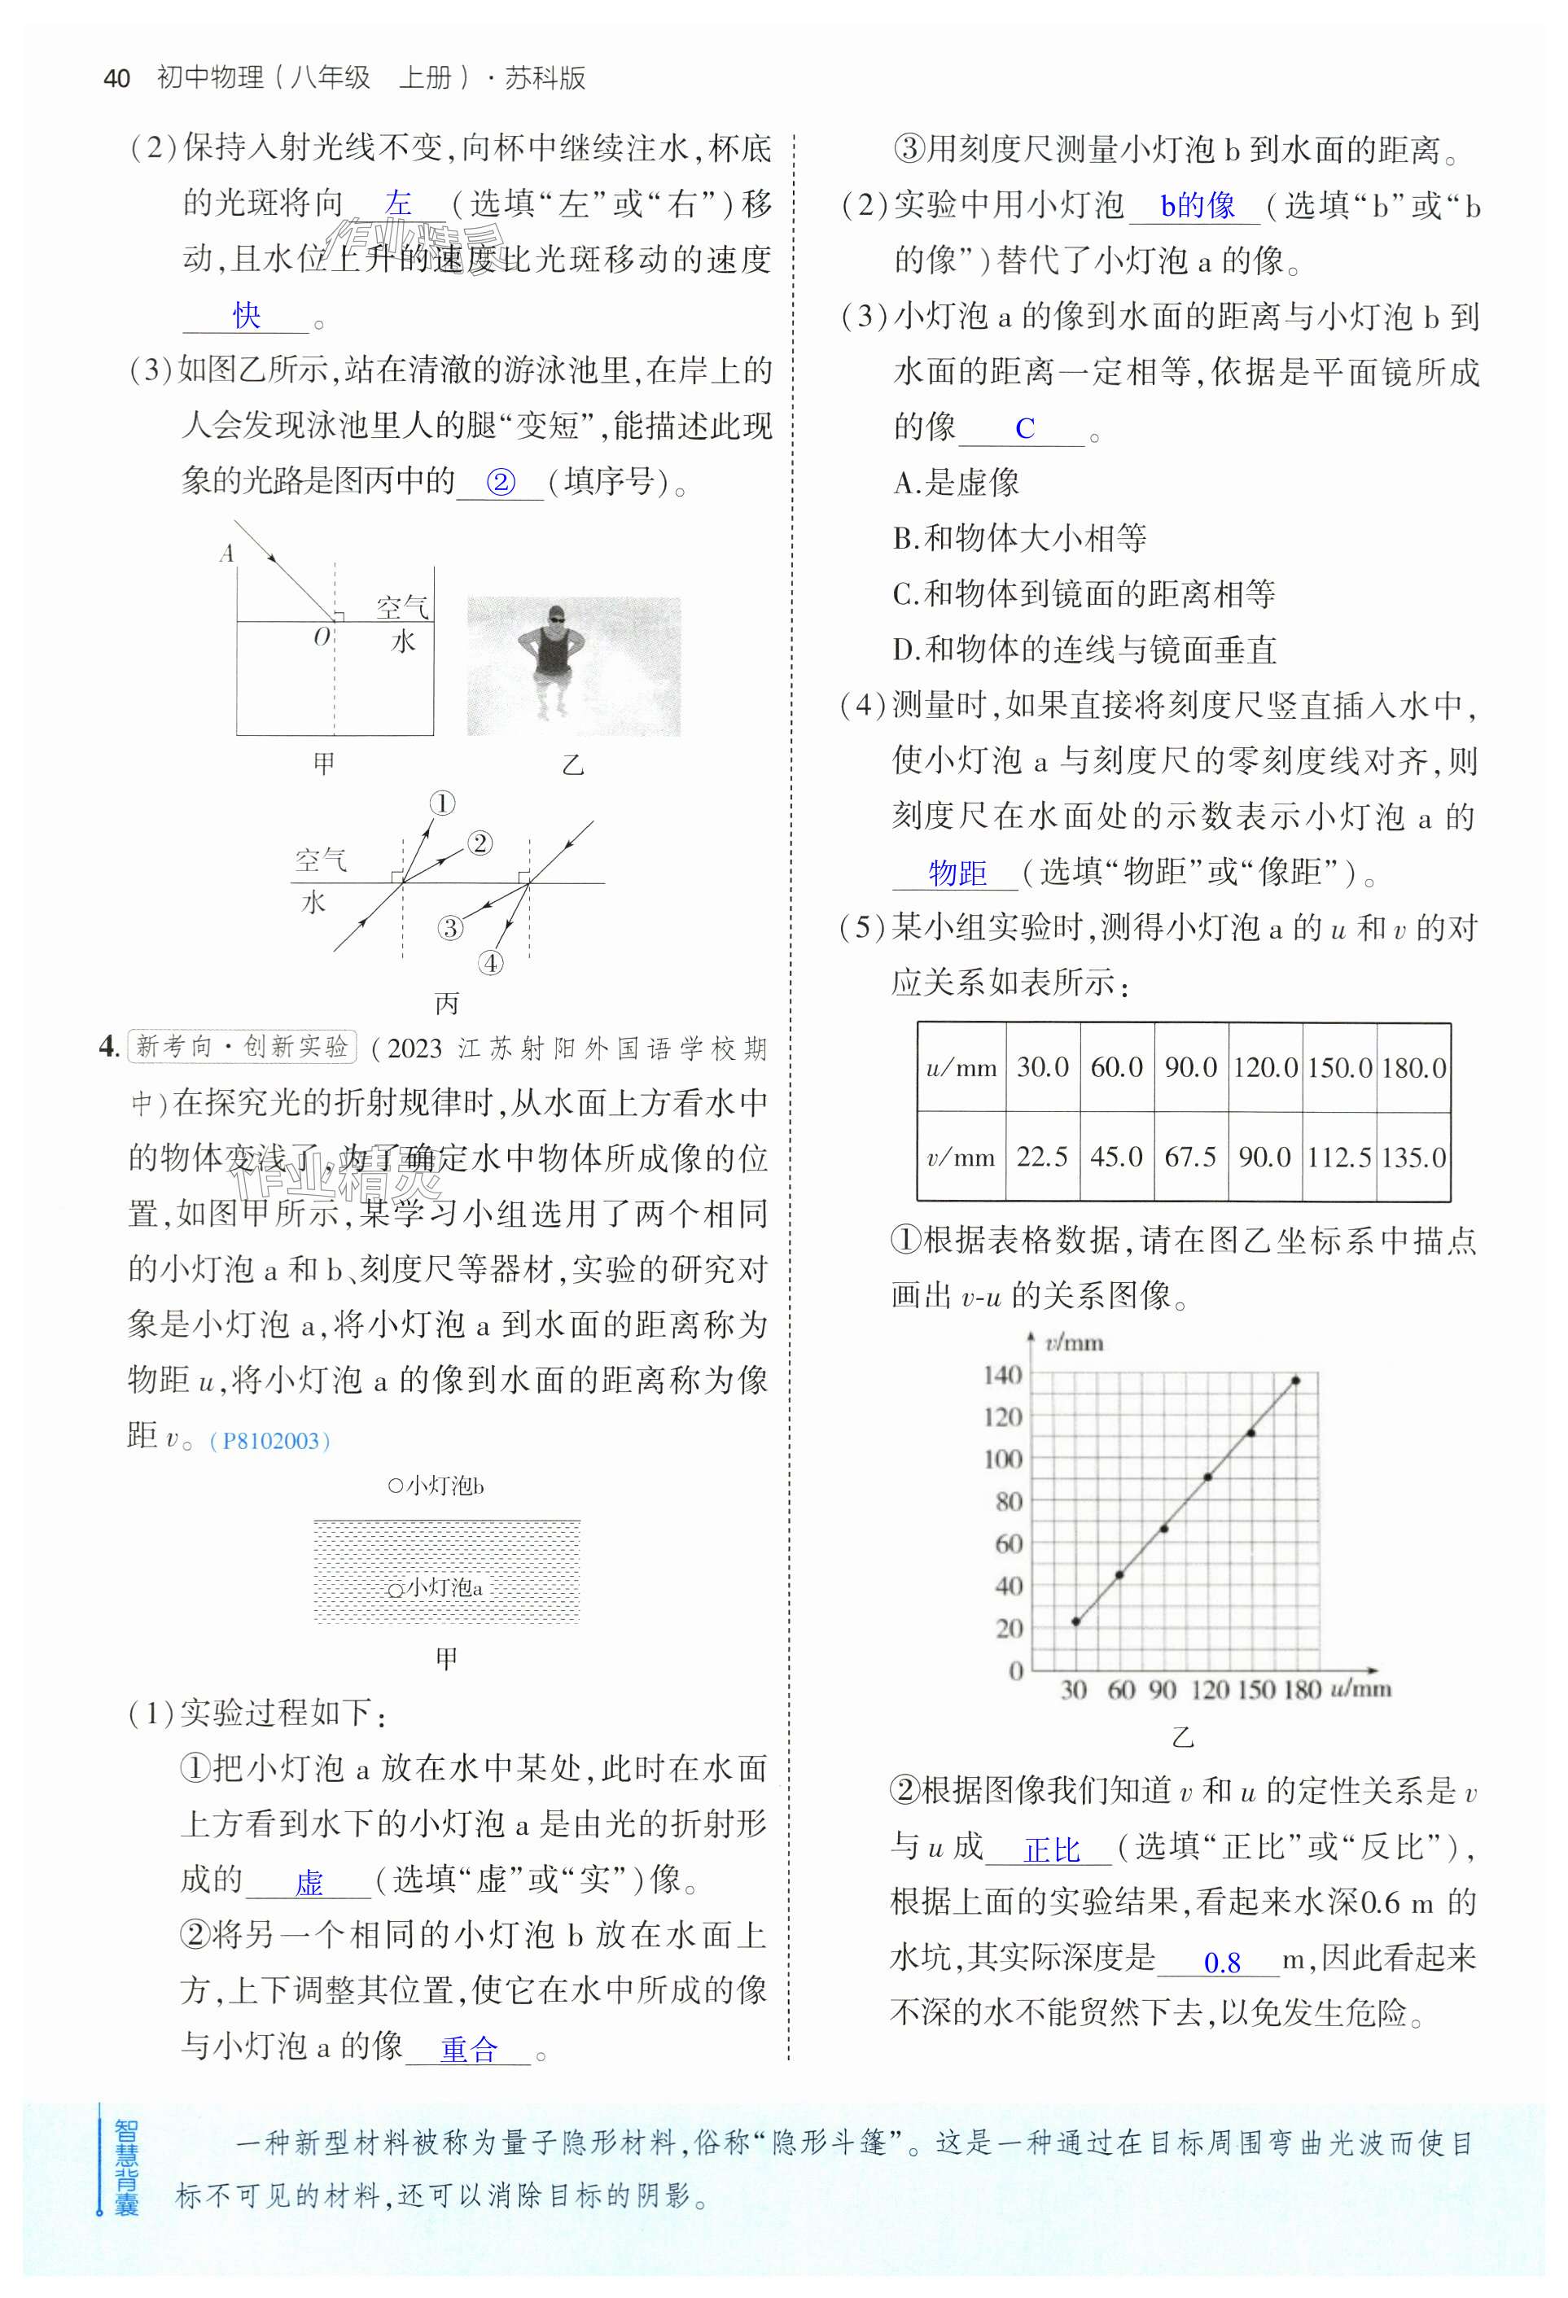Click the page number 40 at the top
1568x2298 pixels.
(x=116, y=79)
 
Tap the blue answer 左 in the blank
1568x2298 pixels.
(x=398, y=204)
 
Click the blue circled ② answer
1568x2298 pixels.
(x=501, y=483)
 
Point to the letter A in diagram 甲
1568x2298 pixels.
(x=226, y=554)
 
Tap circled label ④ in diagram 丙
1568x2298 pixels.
(x=490, y=963)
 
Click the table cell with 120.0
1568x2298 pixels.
(x=1264, y=1068)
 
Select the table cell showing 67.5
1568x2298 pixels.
(x=1190, y=1157)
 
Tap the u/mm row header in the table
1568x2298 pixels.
(x=961, y=1068)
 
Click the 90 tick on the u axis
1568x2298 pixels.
(x=1163, y=1690)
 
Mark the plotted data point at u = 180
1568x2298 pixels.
(x=1295, y=1381)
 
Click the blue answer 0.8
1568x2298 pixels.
(x=1222, y=1963)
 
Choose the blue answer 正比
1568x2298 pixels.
(x=1052, y=1850)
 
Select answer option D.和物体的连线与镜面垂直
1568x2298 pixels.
(x=1084, y=650)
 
